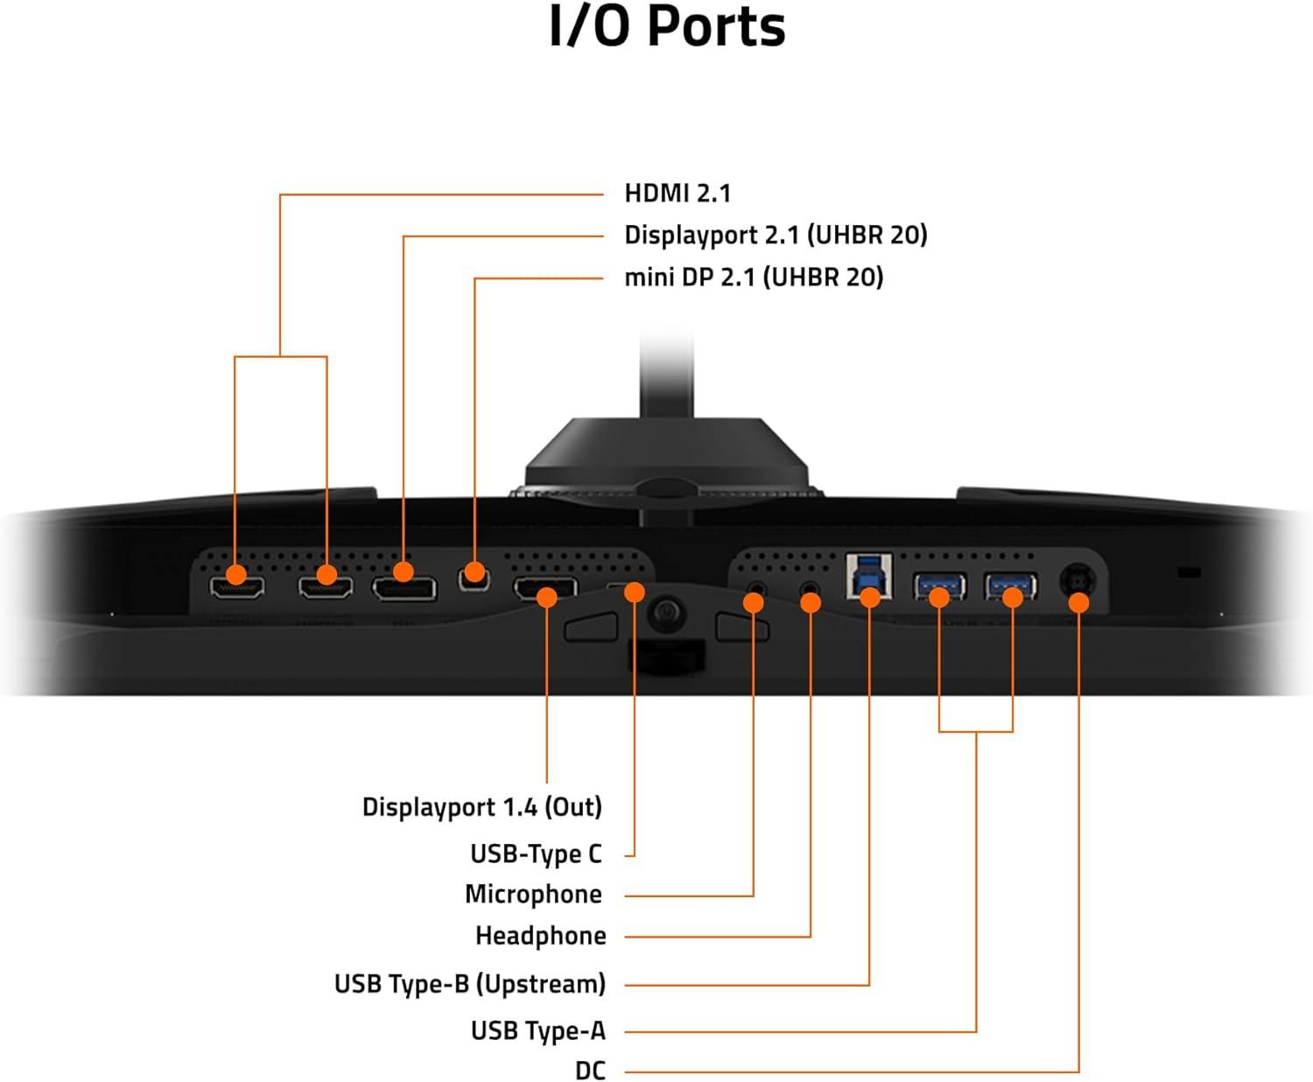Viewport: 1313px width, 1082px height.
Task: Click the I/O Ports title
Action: click(667, 27)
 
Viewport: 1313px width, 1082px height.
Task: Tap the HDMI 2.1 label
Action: click(678, 193)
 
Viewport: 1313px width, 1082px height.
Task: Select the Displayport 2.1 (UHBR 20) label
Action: click(775, 235)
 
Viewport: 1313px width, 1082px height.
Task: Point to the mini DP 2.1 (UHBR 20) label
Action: click(753, 278)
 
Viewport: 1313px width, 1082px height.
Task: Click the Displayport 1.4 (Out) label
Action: click(482, 806)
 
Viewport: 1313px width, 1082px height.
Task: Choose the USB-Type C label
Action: click(536, 853)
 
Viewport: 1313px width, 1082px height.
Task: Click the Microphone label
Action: click(533, 894)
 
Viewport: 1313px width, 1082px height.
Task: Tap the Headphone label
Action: click(540, 936)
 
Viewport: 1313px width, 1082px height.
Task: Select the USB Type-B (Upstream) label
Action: click(469, 984)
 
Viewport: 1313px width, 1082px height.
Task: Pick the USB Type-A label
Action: click(537, 1030)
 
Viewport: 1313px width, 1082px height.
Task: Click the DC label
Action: click(590, 1070)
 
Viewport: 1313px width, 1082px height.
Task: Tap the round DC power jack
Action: click(1077, 580)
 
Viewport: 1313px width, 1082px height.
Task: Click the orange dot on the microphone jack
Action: click(753, 602)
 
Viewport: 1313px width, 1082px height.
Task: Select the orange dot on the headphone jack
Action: click(811, 602)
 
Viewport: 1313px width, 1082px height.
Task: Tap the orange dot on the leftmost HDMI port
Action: click(235, 575)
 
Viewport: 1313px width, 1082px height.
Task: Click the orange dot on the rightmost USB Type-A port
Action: click(1012, 597)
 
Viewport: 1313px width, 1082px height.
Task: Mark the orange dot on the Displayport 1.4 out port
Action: click(546, 597)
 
